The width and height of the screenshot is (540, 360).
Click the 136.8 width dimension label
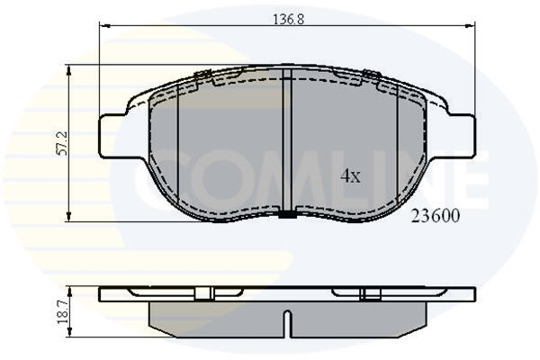(289, 19)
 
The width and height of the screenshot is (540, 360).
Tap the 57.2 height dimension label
(62, 143)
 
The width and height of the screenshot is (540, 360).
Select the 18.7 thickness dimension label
(62, 313)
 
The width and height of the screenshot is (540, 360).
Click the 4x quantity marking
(350, 176)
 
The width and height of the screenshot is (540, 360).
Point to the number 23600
(436, 216)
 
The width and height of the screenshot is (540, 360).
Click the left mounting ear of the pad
(112, 137)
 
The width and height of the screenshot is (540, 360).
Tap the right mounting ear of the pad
(462, 137)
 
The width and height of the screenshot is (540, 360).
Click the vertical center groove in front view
(287, 140)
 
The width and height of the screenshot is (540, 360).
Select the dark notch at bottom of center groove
(287, 214)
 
